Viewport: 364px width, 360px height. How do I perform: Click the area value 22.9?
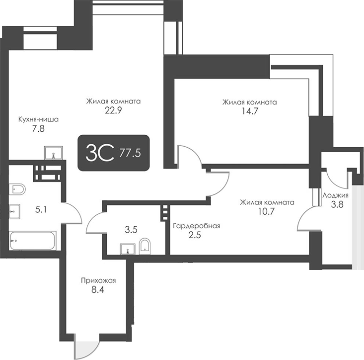(x=113, y=111)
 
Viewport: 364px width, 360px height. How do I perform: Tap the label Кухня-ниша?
(x=38, y=119)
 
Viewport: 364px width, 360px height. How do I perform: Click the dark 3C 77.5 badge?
(x=114, y=153)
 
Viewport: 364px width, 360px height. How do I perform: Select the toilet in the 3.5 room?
(x=145, y=246)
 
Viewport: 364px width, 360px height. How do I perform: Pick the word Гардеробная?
(x=196, y=226)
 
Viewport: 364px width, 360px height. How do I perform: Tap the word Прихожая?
(x=98, y=280)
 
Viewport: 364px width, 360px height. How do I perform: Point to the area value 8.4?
(x=98, y=289)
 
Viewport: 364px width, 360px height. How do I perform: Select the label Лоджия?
(x=335, y=195)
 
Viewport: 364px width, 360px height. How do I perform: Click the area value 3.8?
(x=335, y=204)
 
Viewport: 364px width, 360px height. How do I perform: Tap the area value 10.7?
(x=267, y=211)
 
